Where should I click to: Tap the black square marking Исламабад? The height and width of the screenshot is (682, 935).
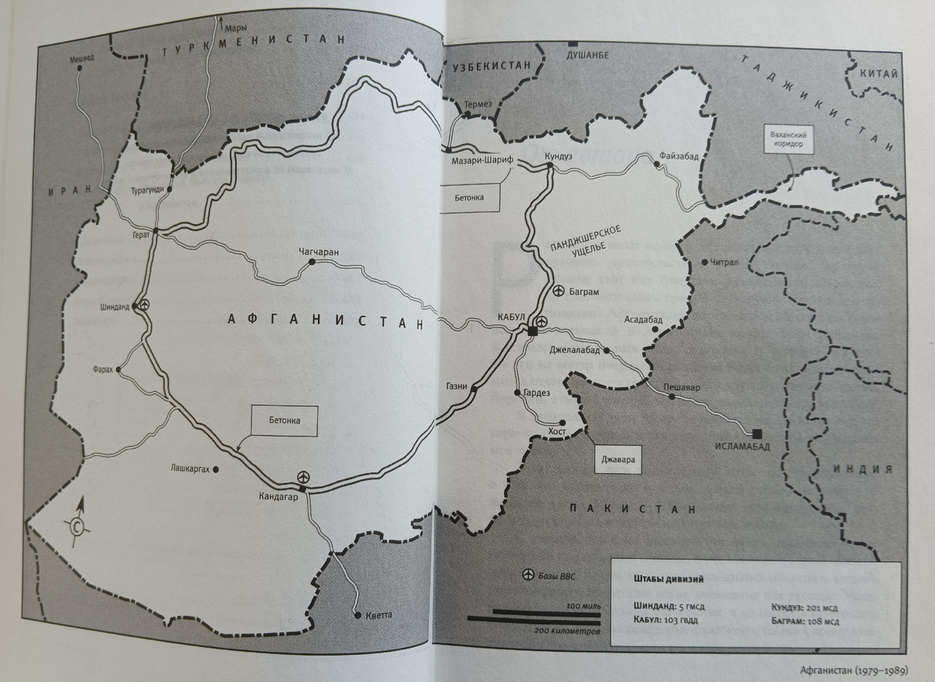coord(757,433)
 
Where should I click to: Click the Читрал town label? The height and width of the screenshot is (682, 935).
coord(724,263)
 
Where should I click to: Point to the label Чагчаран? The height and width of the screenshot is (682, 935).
coord(320,251)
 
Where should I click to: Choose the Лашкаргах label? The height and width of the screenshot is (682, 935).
coord(190,469)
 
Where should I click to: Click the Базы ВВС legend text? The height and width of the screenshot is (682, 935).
coord(561,576)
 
